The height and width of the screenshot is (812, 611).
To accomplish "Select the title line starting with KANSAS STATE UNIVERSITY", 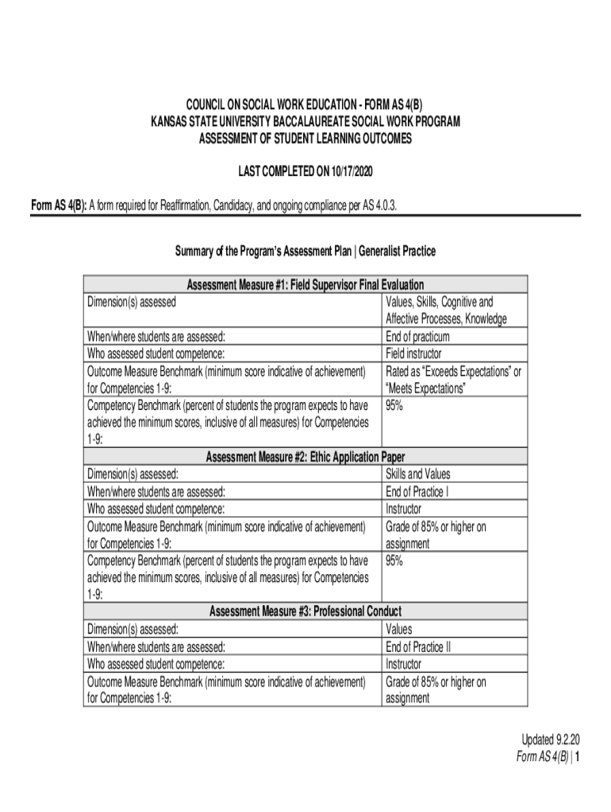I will click(305, 121).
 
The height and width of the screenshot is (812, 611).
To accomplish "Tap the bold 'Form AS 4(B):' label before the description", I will click(58, 207).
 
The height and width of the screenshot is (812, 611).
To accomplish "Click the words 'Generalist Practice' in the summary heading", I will click(397, 251).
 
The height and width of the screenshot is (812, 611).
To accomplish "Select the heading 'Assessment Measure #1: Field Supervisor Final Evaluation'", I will click(305, 285).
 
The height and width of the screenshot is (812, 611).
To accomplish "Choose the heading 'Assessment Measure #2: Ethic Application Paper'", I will click(305, 457).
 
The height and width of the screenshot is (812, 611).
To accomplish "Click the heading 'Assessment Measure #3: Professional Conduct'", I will click(305, 611).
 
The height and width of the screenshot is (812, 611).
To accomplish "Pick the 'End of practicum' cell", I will click(417, 336).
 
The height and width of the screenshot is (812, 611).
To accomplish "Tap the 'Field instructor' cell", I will click(413, 354).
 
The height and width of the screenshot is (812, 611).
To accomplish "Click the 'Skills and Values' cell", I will click(417, 474).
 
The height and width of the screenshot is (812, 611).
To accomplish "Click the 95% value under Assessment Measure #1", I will click(394, 405).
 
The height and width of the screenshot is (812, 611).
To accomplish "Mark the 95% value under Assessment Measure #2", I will click(394, 561).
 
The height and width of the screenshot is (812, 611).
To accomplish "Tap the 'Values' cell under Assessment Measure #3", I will click(399, 629).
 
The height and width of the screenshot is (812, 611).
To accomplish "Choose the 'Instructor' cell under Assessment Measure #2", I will click(403, 509).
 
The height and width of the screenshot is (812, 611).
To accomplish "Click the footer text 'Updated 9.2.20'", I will click(548, 741).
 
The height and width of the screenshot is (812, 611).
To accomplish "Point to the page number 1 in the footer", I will click(579, 757).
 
